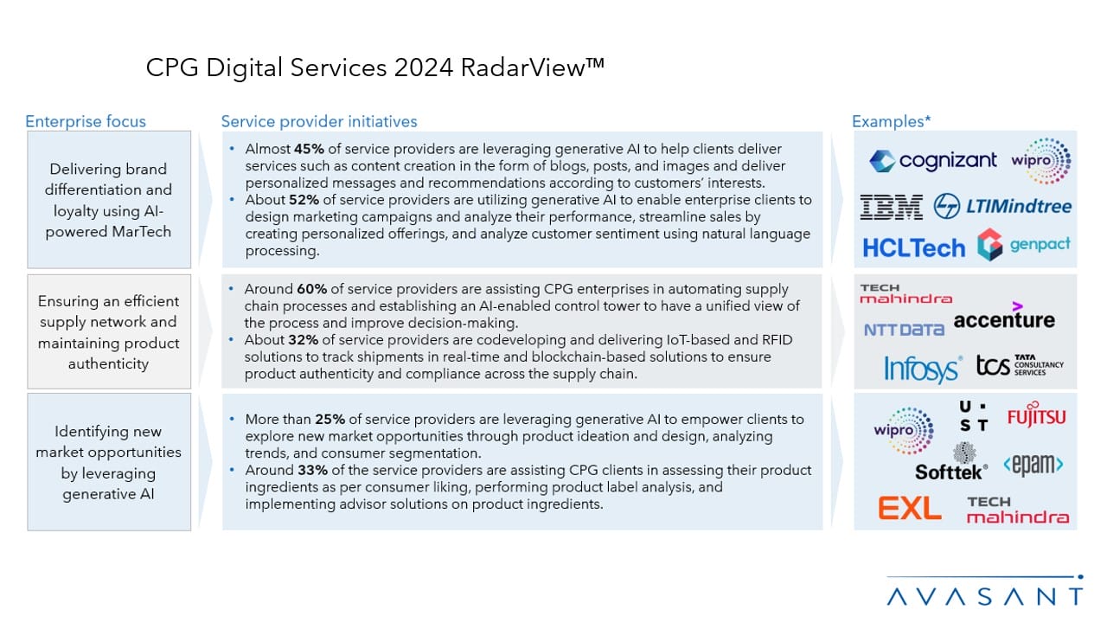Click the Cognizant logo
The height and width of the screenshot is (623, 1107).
pos(932,161)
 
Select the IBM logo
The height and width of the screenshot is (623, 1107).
pos(893,206)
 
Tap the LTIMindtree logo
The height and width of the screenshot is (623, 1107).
pos(1003,206)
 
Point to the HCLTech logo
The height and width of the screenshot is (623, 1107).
pos(913,248)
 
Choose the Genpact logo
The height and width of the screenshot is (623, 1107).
pos(1024,246)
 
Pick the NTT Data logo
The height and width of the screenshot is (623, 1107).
pos(904,330)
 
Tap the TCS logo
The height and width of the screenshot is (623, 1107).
pos(1020,367)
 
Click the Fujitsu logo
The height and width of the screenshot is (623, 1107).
pos(1036,418)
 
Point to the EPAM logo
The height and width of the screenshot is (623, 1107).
pos(1033,465)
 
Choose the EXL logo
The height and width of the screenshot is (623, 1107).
pos(909,508)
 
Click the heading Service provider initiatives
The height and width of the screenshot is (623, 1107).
pos(319,121)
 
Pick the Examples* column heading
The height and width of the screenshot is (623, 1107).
pos(891,121)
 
